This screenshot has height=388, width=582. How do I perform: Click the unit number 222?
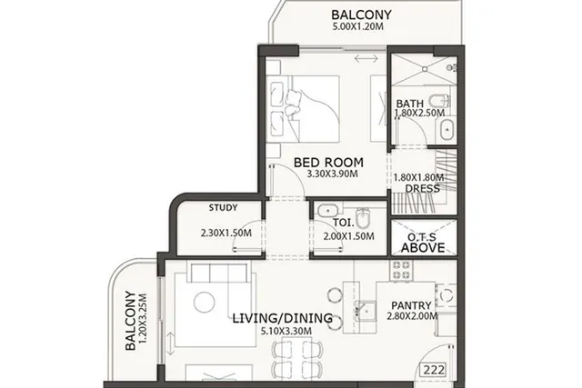(434, 370)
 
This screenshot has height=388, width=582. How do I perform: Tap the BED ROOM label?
(328, 163)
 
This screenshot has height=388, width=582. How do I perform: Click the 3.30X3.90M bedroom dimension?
(333, 174)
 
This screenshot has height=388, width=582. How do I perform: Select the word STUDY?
(223, 207)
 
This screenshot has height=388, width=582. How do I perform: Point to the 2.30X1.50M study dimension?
(226, 233)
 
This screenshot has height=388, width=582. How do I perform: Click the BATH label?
(410, 104)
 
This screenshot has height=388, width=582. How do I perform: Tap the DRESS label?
(422, 188)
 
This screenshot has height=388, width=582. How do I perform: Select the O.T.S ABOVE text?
(423, 243)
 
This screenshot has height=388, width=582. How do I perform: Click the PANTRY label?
(411, 305)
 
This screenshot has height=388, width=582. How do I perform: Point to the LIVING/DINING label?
(283, 318)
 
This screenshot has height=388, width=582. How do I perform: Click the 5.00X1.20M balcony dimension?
(357, 26)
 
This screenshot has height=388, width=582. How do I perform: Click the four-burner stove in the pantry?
(401, 271)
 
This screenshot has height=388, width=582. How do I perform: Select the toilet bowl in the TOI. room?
(363, 218)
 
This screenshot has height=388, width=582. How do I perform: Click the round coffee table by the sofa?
(204, 303)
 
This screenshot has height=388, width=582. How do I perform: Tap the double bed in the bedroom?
(303, 109)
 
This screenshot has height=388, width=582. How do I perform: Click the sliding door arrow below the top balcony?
(366, 58)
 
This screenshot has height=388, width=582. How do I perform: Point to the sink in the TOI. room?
(327, 210)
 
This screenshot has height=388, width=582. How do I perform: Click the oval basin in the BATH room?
(447, 130)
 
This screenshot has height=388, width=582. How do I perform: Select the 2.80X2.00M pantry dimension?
(412, 316)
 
